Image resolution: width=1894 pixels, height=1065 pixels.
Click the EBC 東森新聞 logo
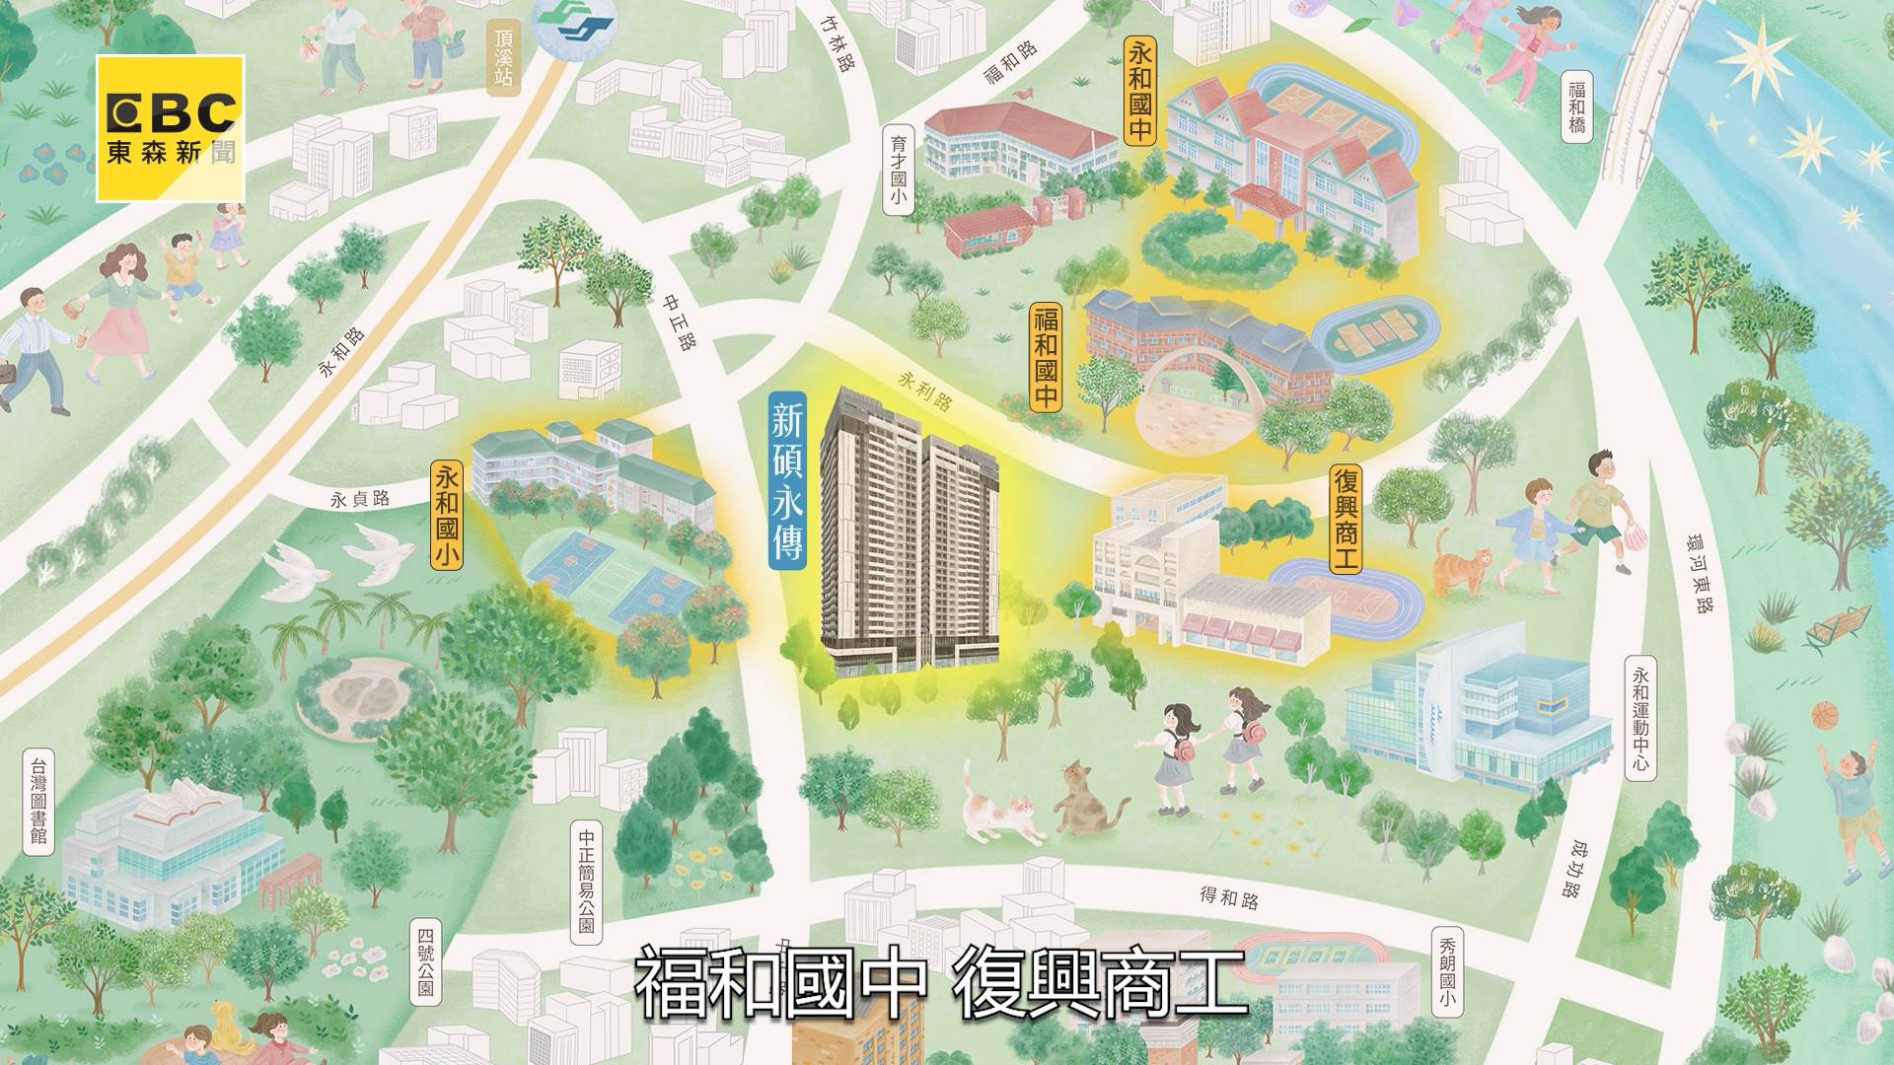(x=170, y=128)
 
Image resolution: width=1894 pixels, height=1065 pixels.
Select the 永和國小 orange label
(x=447, y=515)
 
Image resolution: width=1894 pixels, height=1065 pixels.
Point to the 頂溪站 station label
(x=504, y=58)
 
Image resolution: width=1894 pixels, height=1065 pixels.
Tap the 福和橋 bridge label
(x=1577, y=107)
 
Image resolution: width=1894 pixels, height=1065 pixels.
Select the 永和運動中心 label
(x=1639, y=719)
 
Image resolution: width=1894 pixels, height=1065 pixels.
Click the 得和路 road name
(x=1229, y=895)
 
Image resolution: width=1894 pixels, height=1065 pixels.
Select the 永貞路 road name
(x=360, y=499)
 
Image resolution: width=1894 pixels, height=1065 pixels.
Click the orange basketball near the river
(x=1825, y=712)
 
